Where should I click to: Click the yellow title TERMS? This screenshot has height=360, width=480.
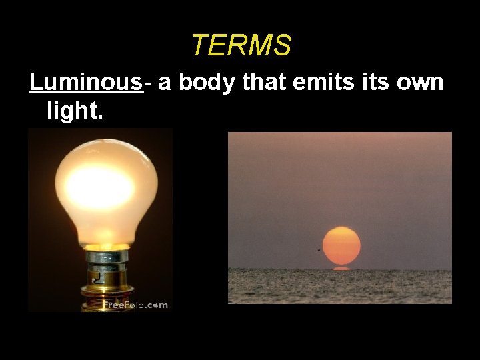coord(241,46)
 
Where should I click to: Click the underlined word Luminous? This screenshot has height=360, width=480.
coord(86,83)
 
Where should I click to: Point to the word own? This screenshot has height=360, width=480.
coord(421,83)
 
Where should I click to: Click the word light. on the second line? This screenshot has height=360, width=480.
coord(75,111)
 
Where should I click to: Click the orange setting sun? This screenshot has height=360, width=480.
coord(341,246)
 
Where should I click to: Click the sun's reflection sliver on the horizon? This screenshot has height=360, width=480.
coord(341,268)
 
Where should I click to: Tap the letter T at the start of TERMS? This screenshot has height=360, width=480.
coord(199,46)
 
